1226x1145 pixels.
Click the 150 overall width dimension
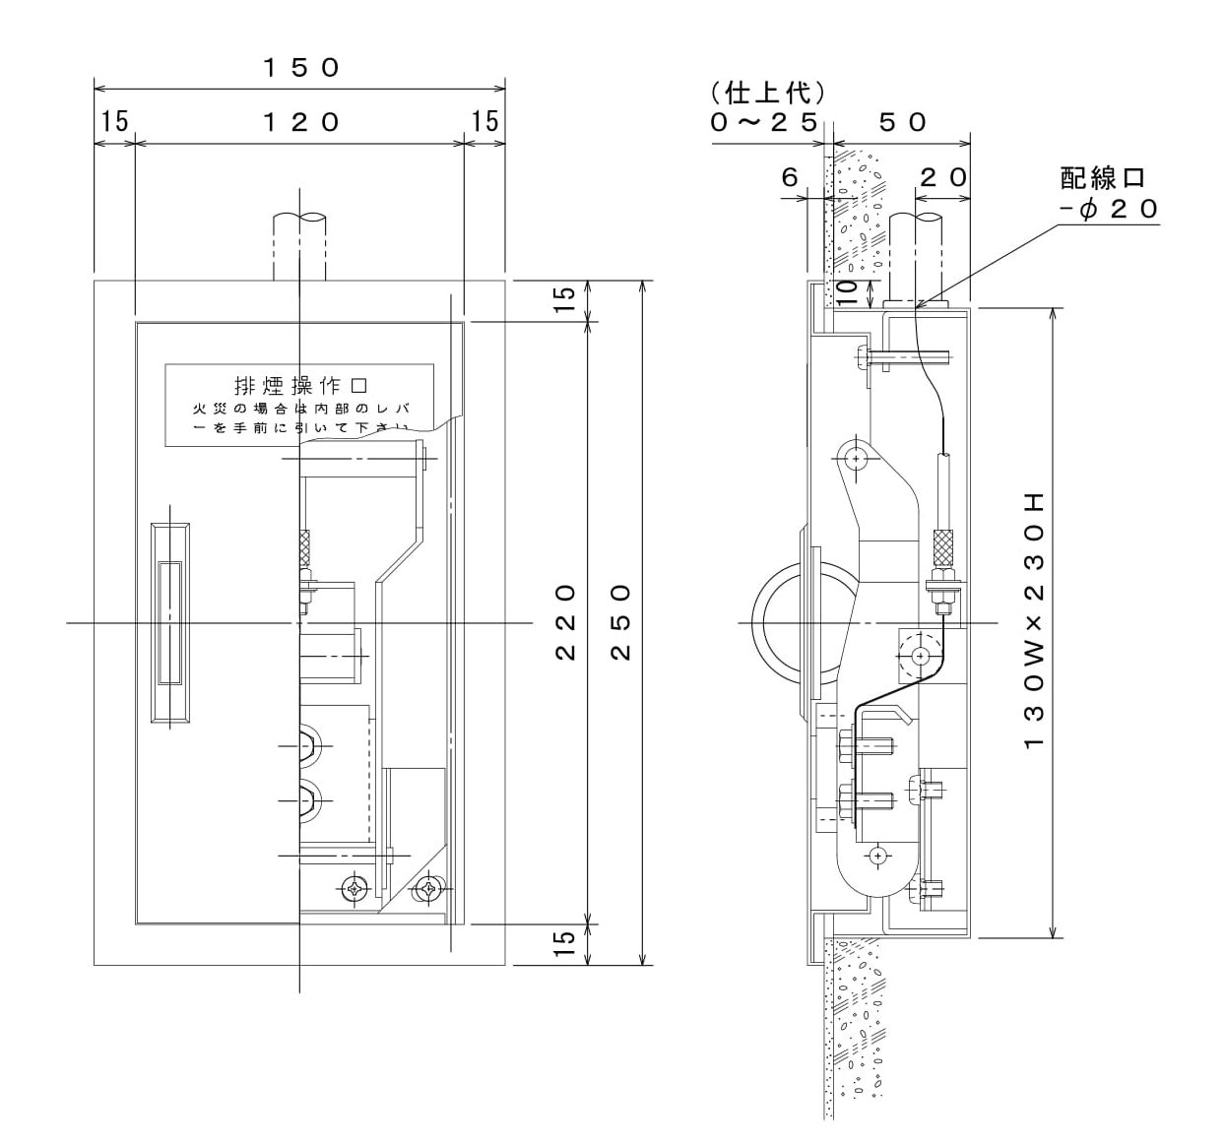point(300,67)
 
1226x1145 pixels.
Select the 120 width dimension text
point(300,121)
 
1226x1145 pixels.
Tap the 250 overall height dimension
point(619,622)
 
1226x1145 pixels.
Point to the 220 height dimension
point(565,622)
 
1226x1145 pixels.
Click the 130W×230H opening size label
point(1033,622)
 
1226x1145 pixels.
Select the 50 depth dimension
point(902,121)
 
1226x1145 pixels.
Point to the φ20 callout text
point(1110,209)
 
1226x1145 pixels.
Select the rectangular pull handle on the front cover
point(169,622)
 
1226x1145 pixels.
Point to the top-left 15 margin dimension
point(114,121)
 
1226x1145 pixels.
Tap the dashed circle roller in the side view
point(920,654)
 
